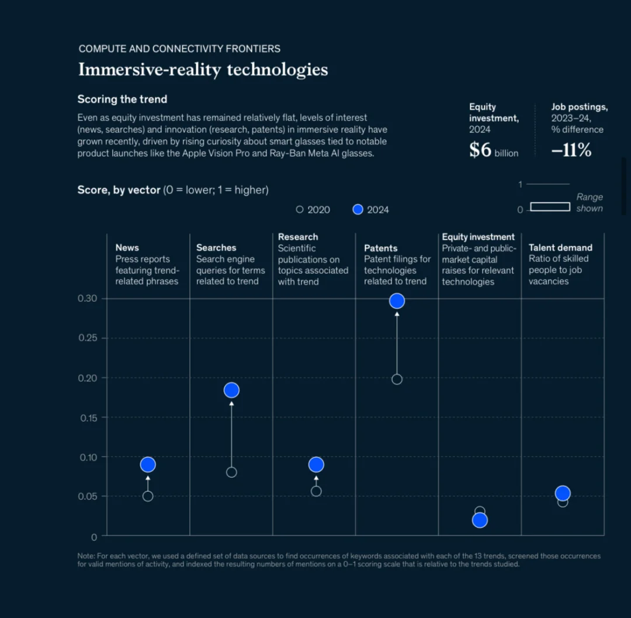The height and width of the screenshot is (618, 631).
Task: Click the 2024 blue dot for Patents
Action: coord(397,301)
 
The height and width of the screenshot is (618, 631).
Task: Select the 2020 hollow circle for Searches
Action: coord(231,472)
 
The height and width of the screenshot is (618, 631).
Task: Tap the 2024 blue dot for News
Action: coord(148,465)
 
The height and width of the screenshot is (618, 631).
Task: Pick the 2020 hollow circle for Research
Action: coord(316,491)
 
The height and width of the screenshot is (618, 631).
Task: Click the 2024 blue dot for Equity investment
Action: coord(480,520)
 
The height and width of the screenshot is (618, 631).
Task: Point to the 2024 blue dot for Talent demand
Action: coord(563,493)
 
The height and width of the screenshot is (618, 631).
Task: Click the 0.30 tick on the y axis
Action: coord(88,298)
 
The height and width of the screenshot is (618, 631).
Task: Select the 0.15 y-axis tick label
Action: coord(88,417)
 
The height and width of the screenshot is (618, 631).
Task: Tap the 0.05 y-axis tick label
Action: coord(88,496)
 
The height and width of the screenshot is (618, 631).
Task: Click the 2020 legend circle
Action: coord(300,209)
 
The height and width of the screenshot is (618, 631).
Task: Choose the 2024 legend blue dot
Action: coord(358,209)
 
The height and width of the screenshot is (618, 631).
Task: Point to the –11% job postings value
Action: coord(571,150)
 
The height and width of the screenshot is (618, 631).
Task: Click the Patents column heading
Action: coord(380,248)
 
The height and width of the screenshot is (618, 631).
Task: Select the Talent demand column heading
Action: coord(560,247)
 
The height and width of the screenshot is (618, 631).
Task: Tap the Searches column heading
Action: coord(216,247)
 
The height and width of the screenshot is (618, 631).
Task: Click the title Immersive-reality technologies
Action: coord(203,70)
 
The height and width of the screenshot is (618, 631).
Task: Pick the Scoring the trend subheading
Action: coord(122,99)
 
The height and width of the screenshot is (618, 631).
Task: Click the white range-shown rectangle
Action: coord(550,206)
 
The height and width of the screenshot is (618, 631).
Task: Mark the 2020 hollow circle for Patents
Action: coord(397,379)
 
